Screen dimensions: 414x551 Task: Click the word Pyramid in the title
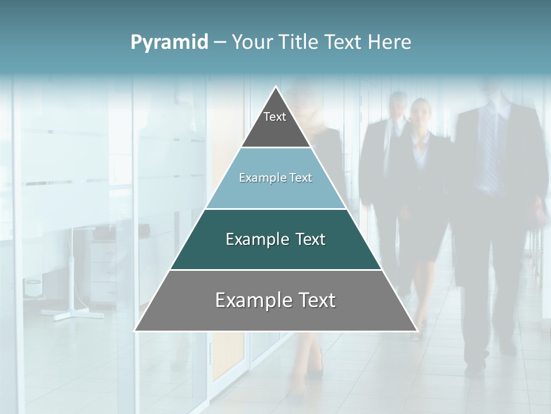[169, 42]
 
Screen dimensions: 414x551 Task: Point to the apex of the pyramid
[276, 87]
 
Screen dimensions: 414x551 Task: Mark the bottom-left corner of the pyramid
[135, 331]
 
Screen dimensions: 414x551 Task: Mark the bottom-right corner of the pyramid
[417, 331]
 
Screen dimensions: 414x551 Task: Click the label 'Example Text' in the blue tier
[275, 178]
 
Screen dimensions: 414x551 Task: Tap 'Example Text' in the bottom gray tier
[275, 300]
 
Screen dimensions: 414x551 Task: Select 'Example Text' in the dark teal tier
[275, 239]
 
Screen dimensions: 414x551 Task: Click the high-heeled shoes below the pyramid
[313, 371]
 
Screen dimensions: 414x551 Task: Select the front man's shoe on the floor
[475, 368]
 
